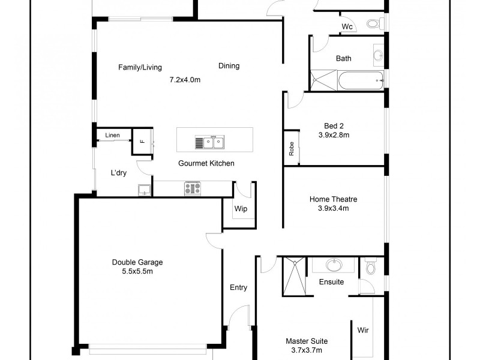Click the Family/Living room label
140,67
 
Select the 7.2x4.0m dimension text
185,79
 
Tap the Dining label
229,66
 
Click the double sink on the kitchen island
209,143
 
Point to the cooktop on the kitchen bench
193,188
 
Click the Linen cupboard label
112,136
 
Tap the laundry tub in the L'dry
144,190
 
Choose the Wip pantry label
241,209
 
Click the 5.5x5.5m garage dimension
137,271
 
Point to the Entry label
238,287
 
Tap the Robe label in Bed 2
292,147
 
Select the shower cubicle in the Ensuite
294,276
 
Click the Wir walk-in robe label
363,330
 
